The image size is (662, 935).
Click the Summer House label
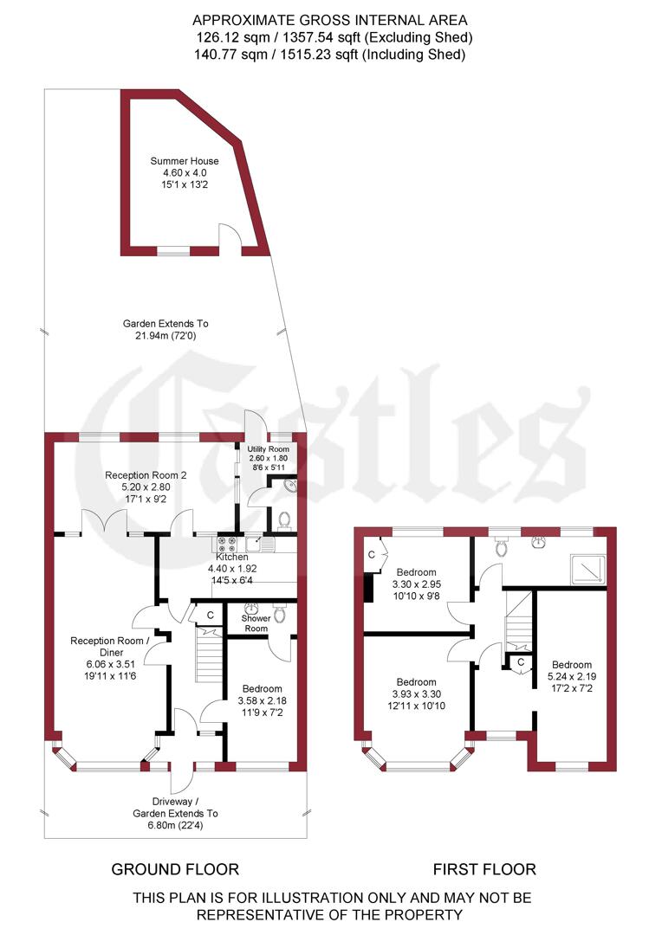(x=184, y=161)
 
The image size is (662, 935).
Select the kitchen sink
(x=259, y=545)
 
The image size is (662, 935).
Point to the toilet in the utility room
(x=283, y=520)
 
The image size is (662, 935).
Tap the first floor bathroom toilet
(x=500, y=546)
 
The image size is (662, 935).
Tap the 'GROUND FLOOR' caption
(x=175, y=869)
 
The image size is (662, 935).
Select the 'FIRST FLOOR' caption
(x=484, y=869)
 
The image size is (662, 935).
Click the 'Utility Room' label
(x=268, y=449)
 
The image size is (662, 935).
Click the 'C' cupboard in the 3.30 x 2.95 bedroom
(x=372, y=554)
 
